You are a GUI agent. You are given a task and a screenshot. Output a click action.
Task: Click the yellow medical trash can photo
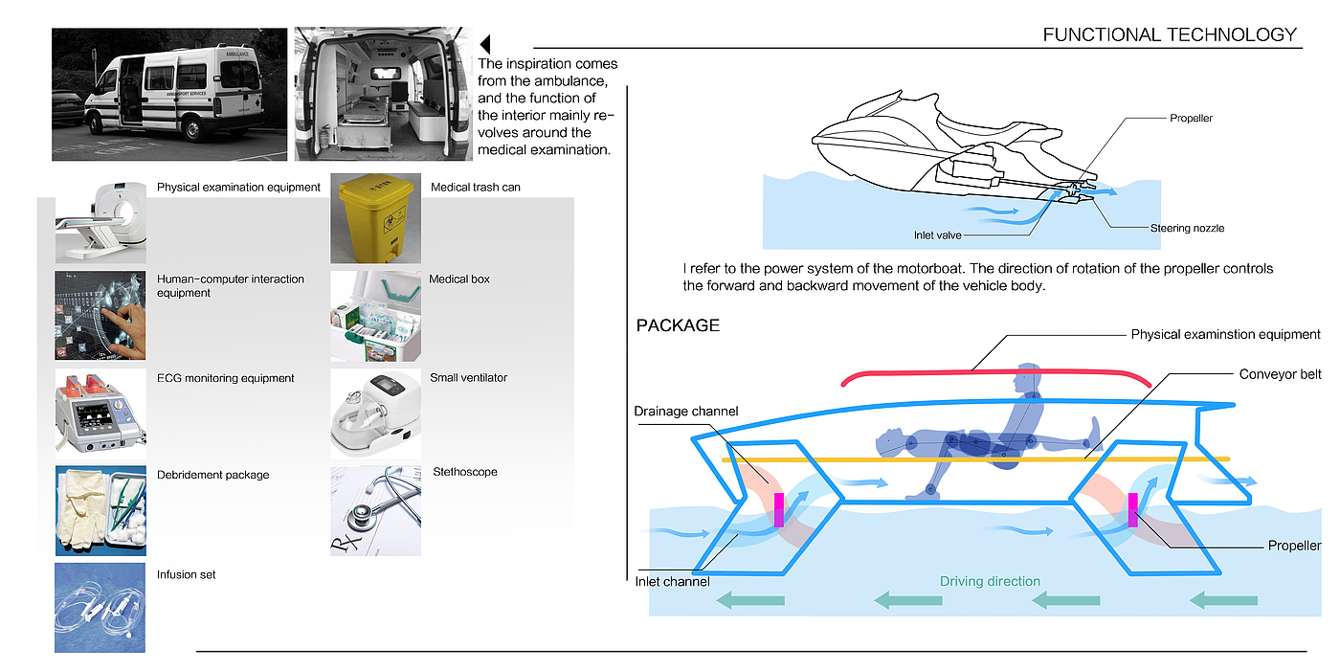375,218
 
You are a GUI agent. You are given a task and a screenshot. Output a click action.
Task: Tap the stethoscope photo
375,510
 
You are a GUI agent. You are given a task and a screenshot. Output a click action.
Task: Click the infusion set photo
100,607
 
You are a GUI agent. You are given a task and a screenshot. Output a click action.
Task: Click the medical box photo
375,316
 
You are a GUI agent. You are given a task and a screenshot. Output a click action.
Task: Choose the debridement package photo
100,510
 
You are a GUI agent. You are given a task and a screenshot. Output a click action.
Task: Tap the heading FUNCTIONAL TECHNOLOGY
1170,35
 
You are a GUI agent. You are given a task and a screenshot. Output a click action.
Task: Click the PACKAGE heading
678,325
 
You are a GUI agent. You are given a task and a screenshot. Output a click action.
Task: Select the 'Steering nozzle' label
1187,228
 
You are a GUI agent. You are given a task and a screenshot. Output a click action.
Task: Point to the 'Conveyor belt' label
1280,374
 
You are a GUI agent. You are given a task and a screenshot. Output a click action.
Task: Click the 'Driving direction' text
990,581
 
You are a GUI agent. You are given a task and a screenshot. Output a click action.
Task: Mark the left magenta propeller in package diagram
778,509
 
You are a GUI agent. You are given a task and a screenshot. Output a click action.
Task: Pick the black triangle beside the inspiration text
485,44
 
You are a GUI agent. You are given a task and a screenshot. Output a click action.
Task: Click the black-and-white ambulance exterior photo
169,94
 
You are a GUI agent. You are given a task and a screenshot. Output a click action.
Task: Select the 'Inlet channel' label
672,581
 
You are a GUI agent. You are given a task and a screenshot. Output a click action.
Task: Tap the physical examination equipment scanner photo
100,220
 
